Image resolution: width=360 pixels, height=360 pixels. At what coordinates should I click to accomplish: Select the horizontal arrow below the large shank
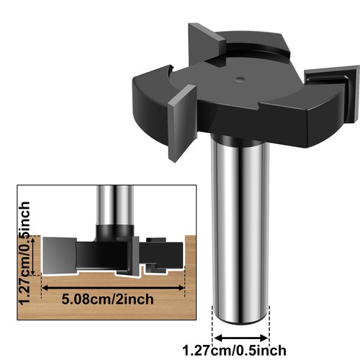240,334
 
